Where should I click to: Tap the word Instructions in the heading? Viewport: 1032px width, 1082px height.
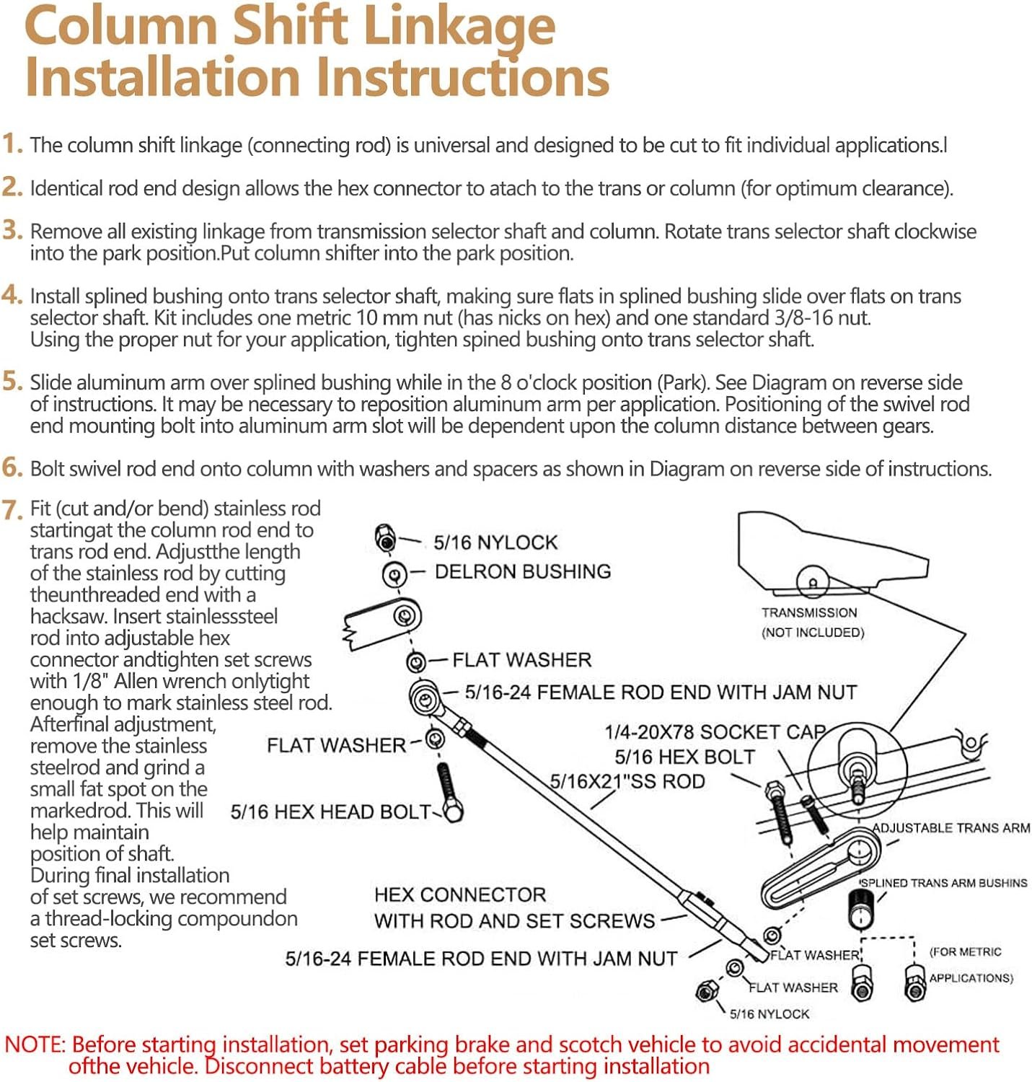(x=462, y=77)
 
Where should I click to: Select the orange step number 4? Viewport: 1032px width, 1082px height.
(x=12, y=295)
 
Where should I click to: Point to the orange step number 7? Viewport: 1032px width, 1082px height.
(x=13, y=510)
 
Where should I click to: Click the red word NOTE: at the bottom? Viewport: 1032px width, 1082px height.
(x=35, y=1045)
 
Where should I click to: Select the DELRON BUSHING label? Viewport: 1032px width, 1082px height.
(x=523, y=572)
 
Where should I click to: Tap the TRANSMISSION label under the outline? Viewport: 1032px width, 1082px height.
(x=809, y=613)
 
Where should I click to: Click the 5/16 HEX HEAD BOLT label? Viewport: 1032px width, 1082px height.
(x=330, y=812)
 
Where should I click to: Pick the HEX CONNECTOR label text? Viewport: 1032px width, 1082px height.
(x=460, y=895)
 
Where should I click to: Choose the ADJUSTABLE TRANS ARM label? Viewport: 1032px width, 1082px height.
(x=951, y=828)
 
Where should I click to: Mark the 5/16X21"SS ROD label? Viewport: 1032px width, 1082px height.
(x=627, y=782)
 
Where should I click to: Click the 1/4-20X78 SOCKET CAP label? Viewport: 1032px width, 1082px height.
(x=714, y=732)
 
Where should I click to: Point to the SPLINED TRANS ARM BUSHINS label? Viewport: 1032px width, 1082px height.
(x=943, y=883)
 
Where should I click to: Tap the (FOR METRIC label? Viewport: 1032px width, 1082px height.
(x=966, y=952)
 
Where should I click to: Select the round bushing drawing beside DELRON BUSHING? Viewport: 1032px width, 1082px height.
(x=394, y=574)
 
